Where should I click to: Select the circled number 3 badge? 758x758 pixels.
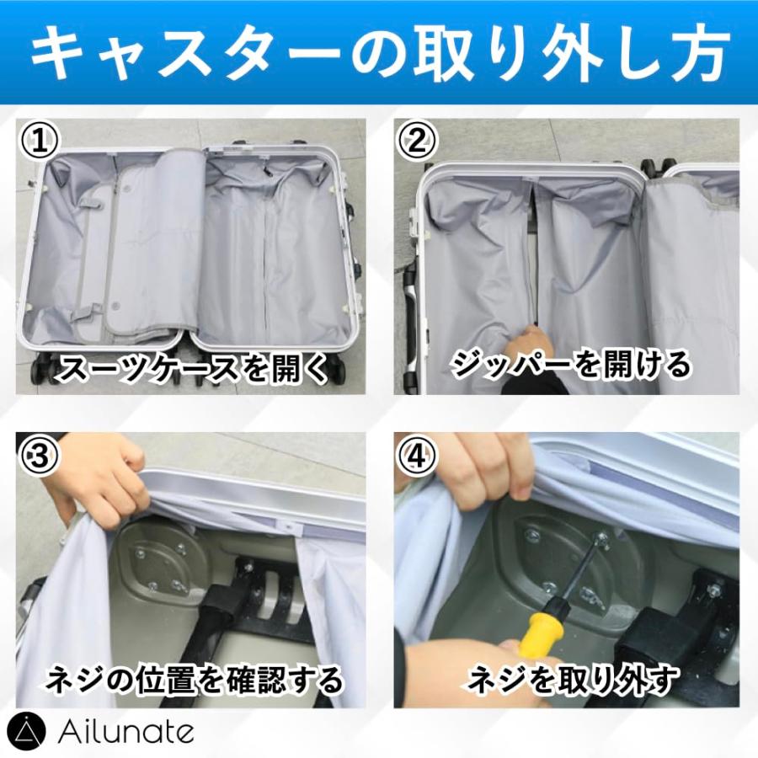pyautogui.click(x=39, y=456)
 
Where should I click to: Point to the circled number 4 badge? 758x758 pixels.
pyautogui.click(x=417, y=456)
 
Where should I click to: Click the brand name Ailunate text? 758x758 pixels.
pyautogui.click(x=125, y=733)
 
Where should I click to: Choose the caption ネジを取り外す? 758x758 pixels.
pyautogui.click(x=572, y=679)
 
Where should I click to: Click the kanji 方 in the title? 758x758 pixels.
pyautogui.click(x=697, y=54)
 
